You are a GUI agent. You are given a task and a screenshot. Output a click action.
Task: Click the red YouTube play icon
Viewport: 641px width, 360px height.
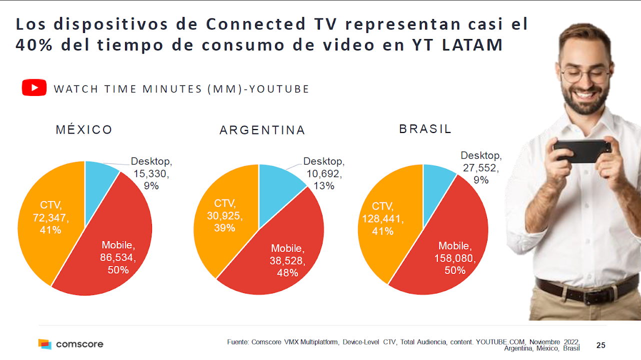[x=34, y=88]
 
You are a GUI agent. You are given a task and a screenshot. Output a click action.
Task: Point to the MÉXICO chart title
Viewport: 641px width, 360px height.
[x=84, y=130]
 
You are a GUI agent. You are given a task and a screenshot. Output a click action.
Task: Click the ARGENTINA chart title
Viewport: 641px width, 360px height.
[x=262, y=130]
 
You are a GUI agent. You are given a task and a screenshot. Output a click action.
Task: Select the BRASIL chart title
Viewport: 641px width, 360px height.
[x=425, y=129]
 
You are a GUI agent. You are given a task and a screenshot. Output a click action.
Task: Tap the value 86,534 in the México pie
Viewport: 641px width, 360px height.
[x=118, y=257]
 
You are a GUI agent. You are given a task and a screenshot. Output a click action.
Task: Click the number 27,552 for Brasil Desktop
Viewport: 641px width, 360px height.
[x=480, y=168]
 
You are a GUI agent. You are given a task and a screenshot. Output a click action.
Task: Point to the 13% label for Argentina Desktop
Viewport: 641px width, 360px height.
[x=324, y=186]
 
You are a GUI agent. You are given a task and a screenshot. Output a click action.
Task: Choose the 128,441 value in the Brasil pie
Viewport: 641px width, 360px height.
[x=383, y=219]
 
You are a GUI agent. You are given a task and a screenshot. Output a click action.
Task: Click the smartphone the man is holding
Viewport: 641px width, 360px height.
[x=582, y=150]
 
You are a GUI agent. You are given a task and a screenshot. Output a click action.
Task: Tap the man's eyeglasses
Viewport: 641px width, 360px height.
[x=585, y=75]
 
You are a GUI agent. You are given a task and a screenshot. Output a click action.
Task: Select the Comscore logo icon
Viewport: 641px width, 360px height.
[x=45, y=344]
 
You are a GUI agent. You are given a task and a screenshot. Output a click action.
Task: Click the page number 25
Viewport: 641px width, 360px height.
[x=601, y=345]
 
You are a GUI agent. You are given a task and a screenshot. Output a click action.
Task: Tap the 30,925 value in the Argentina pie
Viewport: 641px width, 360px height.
[x=224, y=215]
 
